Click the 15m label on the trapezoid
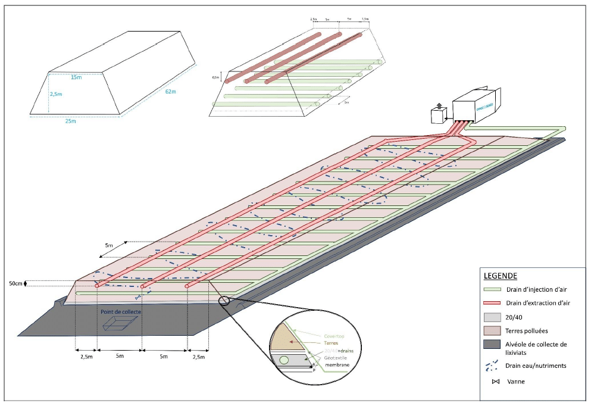tap(75, 77)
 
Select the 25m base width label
tap(70, 121)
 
